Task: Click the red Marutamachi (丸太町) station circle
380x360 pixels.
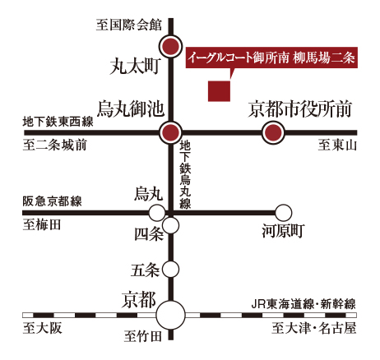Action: [170, 46]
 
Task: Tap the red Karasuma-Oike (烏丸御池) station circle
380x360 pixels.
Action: [170, 132]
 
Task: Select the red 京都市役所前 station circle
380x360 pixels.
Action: [273, 132]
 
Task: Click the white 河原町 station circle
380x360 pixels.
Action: [283, 213]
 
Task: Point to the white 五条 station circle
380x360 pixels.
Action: [170, 269]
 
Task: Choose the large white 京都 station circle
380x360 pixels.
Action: [170, 315]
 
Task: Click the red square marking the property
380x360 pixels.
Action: [219, 91]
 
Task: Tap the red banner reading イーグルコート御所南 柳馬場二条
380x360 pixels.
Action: [271, 58]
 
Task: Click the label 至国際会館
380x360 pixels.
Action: [129, 25]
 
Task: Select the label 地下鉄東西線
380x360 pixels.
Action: [58, 122]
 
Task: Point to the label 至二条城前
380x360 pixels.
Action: [54, 145]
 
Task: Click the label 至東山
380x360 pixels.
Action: [337, 145]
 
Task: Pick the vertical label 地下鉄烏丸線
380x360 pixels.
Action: [185, 174]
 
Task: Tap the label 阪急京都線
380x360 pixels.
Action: [52, 201]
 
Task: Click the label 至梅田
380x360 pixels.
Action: [42, 225]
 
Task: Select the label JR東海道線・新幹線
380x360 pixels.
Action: [304, 304]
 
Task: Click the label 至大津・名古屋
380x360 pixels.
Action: [314, 328]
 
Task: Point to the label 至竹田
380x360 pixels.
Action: [142, 336]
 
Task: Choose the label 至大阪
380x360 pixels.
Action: [42, 328]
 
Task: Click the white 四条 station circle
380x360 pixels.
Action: [170, 225]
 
